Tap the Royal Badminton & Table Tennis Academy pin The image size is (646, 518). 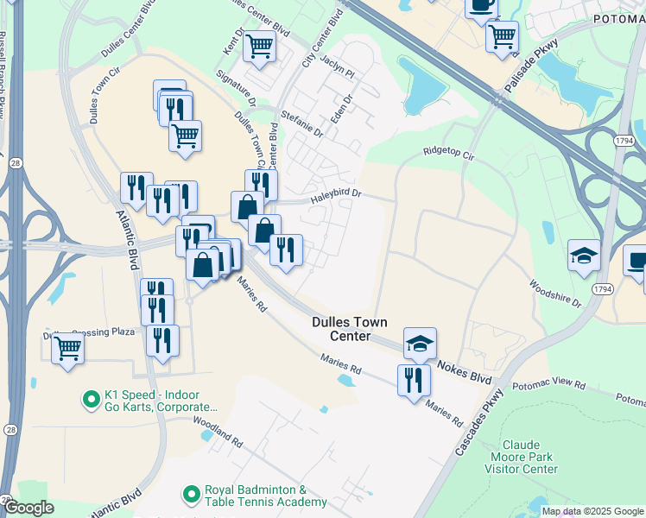point(192,495)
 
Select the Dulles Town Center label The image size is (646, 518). point(353,329)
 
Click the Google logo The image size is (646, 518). point(28,509)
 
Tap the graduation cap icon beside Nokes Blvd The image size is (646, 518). point(420,343)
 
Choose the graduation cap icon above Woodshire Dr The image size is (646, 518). point(583,256)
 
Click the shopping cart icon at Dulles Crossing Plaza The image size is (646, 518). point(67,348)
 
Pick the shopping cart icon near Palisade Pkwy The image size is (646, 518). point(502,36)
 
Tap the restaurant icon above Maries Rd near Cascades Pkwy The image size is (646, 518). point(414,379)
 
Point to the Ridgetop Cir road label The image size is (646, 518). point(449,154)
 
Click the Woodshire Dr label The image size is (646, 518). point(555,293)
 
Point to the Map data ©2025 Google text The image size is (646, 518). point(592,511)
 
